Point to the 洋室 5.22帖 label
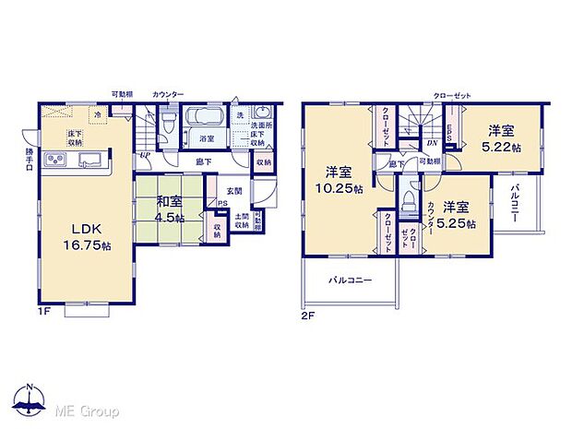click(x=506, y=138)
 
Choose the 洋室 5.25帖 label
click(x=458, y=216)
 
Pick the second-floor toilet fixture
click(x=409, y=202)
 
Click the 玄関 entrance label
click(x=234, y=191)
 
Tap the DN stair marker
click(x=432, y=143)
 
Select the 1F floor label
click(x=44, y=313)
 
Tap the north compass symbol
click(x=30, y=398)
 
